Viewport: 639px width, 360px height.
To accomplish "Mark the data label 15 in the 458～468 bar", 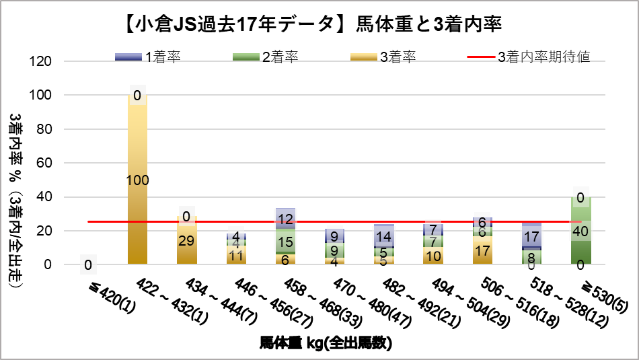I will click(x=285, y=242).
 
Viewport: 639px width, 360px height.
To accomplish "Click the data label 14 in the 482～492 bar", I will click(x=384, y=237).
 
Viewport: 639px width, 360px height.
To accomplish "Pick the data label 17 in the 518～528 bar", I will click(x=531, y=237).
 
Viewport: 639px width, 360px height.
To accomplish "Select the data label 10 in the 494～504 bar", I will click(x=433, y=256).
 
